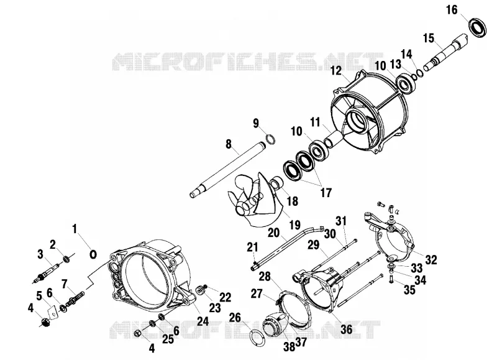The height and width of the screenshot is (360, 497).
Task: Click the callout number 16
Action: point(452,10)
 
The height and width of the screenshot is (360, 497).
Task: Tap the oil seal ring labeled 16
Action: point(478,27)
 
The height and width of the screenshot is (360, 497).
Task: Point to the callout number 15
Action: point(429,39)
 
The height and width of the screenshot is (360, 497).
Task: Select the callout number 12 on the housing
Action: point(336,70)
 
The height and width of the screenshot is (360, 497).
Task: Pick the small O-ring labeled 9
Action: point(270,139)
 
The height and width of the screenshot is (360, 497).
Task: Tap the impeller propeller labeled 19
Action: point(257,200)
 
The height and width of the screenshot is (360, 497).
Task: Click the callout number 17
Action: point(326,193)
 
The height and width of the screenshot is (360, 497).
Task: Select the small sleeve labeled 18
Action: point(276,183)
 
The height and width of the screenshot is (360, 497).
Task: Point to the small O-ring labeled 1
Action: point(93,254)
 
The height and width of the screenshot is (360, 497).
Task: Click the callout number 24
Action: point(203,321)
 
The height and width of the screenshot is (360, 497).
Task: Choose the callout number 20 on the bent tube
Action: point(274,233)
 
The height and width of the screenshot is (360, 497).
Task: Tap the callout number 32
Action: point(431,260)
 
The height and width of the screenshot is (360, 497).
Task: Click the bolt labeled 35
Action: point(391,279)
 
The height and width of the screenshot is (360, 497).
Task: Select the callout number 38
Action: point(290,347)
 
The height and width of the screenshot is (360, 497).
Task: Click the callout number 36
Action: point(346,330)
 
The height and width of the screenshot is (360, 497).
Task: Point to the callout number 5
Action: point(39,296)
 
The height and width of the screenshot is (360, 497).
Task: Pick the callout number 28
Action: point(265,277)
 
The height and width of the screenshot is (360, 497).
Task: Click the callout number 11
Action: point(315,122)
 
